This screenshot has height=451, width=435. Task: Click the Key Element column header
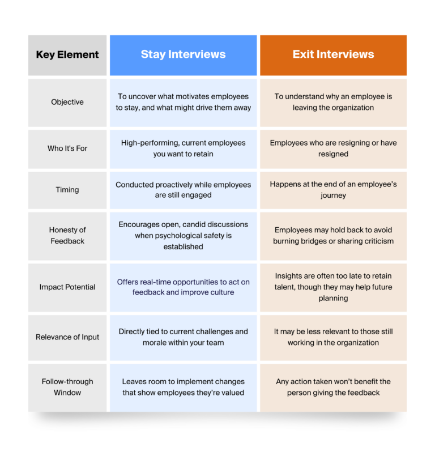tap(67, 55)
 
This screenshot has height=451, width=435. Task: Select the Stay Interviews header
tap(183, 54)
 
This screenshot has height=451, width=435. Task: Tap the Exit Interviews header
tap(333, 54)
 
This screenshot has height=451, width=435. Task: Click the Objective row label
tap(67, 102)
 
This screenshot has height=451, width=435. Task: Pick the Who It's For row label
tap(67, 148)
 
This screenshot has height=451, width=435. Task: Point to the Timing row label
tap(67, 190)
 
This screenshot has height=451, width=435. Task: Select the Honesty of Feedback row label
tap(67, 235)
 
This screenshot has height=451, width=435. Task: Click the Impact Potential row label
tap(67, 287)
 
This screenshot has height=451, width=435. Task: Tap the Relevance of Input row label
tap(67, 337)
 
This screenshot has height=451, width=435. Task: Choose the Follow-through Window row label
tap(67, 387)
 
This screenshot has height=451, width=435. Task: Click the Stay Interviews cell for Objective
tap(183, 102)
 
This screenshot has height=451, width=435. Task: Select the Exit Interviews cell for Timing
tap(333, 190)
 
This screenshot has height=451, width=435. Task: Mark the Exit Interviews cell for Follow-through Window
tap(333, 387)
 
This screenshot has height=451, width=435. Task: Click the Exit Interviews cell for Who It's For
tap(333, 148)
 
